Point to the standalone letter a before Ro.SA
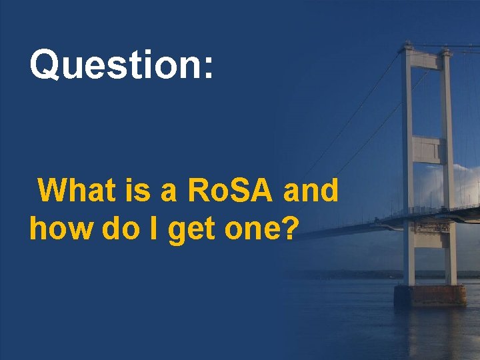[169, 193]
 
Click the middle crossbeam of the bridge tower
[427, 149]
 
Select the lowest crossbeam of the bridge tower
[429, 237]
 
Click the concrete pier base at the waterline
[430, 295]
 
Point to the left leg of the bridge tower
[408, 167]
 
